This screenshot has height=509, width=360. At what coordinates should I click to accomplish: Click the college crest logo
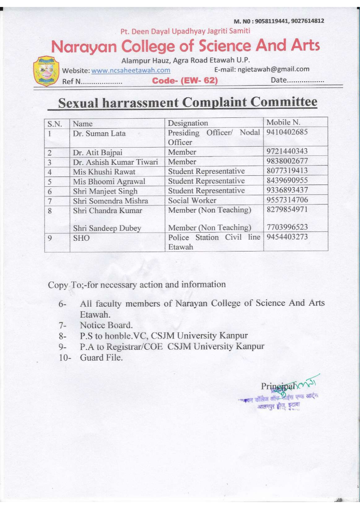click(x=46, y=71)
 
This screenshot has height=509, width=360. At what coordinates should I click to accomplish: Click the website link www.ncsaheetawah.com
click(x=131, y=70)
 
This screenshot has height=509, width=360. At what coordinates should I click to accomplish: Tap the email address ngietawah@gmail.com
click(x=273, y=69)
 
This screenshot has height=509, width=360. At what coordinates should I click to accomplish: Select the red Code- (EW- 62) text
click(x=185, y=81)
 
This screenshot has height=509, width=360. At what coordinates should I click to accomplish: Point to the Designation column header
click(x=188, y=123)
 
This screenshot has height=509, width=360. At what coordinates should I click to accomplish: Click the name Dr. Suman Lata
click(x=99, y=134)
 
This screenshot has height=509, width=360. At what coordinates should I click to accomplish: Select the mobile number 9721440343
click(x=287, y=151)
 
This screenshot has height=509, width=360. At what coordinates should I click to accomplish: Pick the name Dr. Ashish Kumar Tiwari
click(x=115, y=162)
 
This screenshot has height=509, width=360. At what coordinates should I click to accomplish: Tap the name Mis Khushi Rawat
click(x=104, y=172)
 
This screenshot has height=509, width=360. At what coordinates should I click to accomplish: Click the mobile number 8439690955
click(x=287, y=180)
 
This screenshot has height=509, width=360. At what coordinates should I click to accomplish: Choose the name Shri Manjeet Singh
click(x=105, y=191)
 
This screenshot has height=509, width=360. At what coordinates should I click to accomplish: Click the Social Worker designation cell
click(x=192, y=200)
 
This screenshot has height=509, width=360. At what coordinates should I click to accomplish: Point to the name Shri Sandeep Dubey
click(x=107, y=228)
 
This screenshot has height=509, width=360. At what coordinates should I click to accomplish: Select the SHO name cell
click(x=81, y=238)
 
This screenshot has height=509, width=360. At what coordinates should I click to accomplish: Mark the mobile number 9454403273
click(x=287, y=237)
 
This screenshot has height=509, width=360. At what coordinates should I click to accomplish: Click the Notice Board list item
click(x=106, y=325)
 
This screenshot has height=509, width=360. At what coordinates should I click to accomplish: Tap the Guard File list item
click(x=101, y=358)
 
